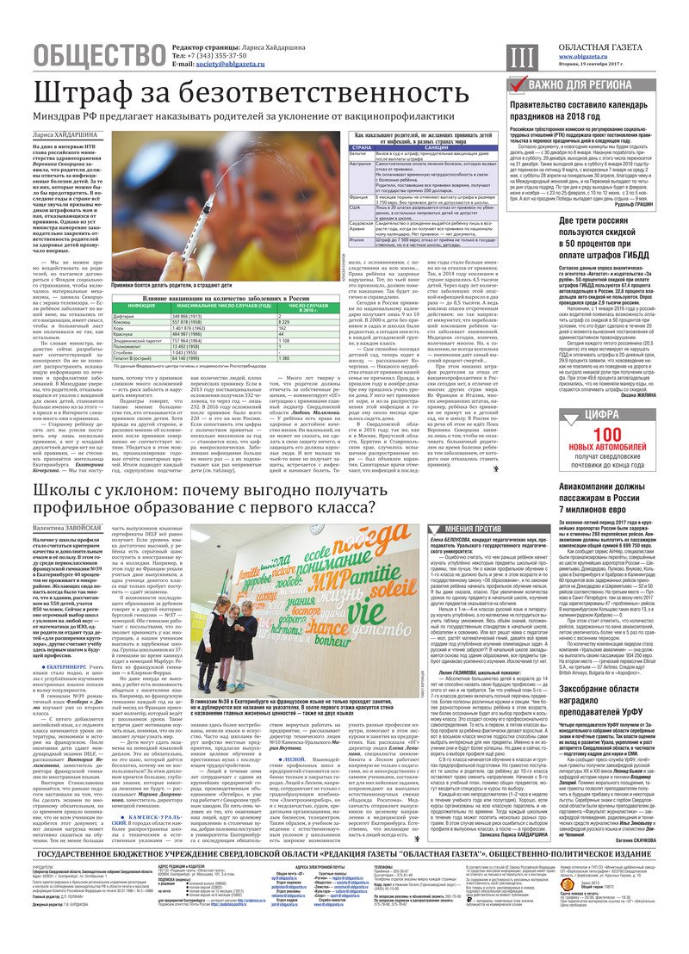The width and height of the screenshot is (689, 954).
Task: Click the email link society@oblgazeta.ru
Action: (233, 65)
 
